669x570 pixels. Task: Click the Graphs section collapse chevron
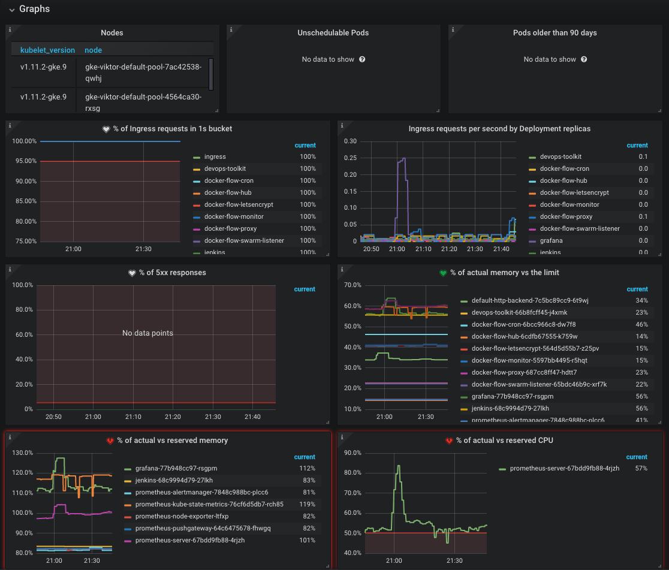click(x=11, y=10)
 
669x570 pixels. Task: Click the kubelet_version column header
click(x=47, y=50)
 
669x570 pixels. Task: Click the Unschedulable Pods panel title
click(x=333, y=33)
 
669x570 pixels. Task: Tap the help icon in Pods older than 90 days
click(x=584, y=59)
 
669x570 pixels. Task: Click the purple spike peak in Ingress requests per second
click(x=403, y=158)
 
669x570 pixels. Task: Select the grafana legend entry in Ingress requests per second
click(x=552, y=240)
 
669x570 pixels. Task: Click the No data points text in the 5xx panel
click(x=147, y=333)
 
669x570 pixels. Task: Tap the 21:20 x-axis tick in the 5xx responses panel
click(x=173, y=417)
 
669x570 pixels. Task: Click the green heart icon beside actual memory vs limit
click(x=443, y=273)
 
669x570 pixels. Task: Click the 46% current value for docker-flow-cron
click(x=641, y=324)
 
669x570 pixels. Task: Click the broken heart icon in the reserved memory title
click(x=110, y=441)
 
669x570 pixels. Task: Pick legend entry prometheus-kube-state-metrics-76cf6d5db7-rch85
click(x=209, y=504)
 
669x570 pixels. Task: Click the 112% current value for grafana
click(x=308, y=468)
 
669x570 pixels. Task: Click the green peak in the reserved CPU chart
click(x=398, y=466)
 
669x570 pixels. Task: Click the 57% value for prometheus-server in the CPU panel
click(x=641, y=468)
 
